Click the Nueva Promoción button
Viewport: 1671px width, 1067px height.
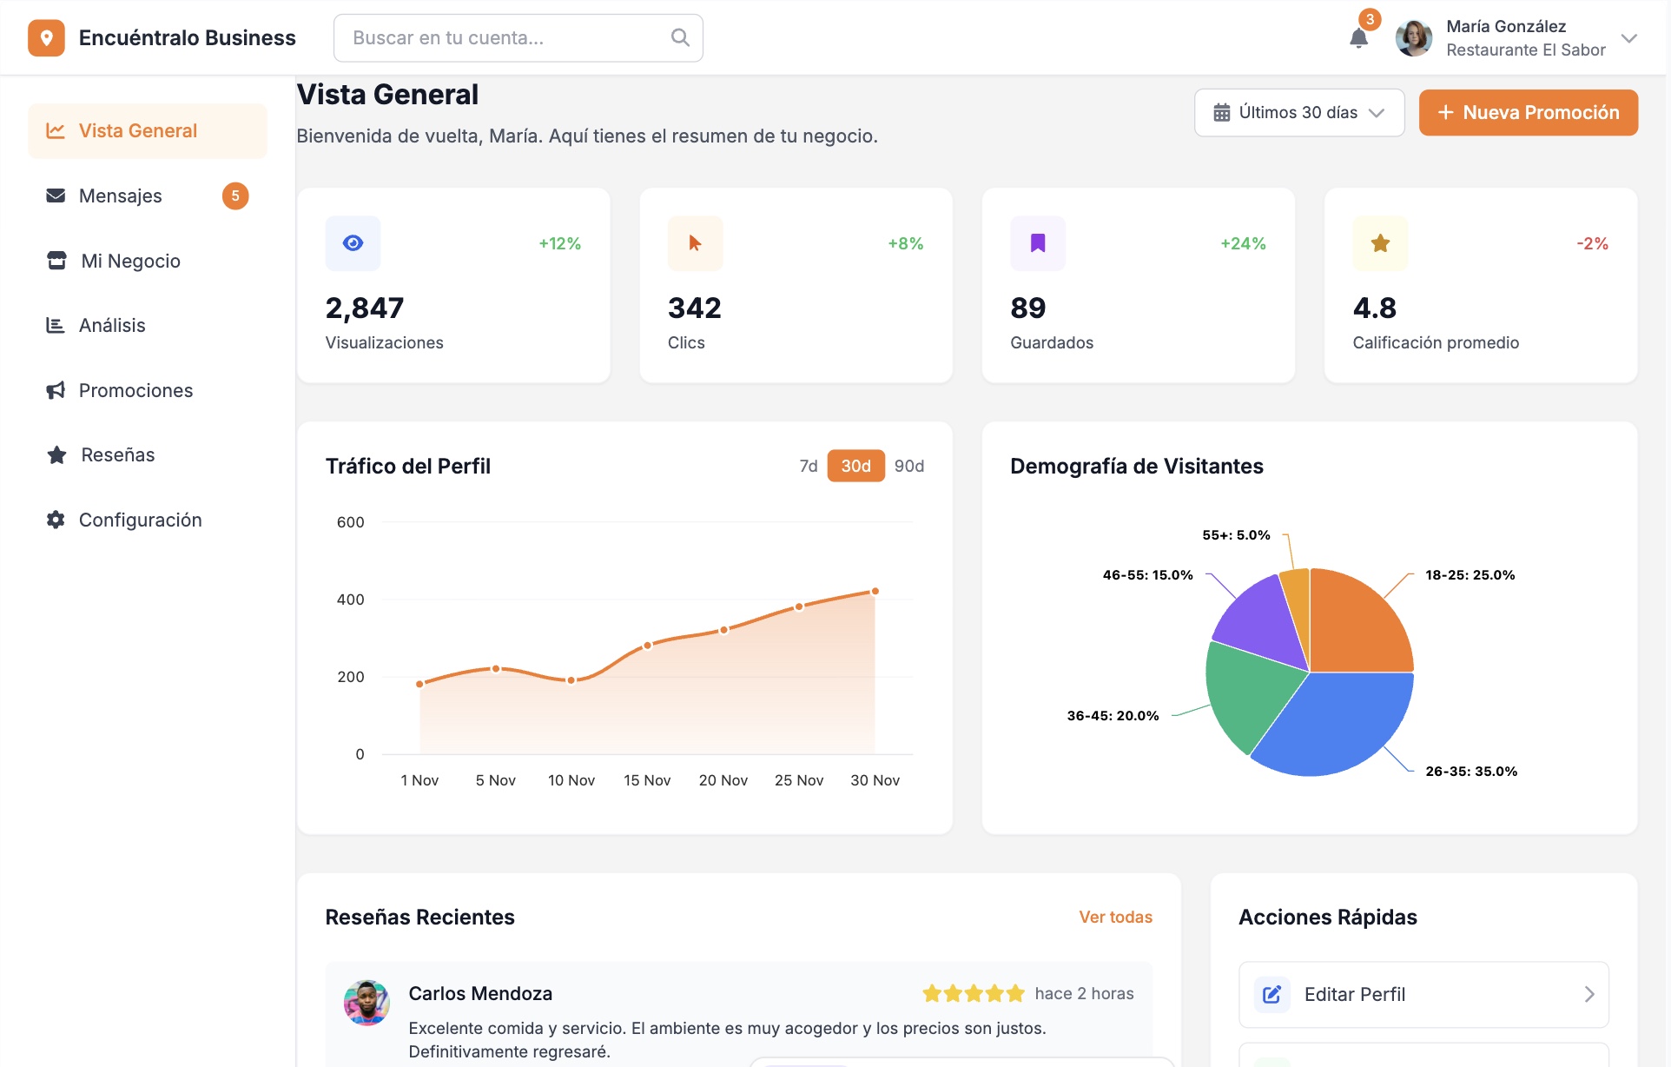pyautogui.click(x=1528, y=112)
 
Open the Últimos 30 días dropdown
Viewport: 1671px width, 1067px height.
pyautogui.click(x=1298, y=113)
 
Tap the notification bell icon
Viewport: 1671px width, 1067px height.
pyautogui.click(x=1358, y=38)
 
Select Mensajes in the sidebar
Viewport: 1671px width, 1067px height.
pyautogui.click(x=120, y=196)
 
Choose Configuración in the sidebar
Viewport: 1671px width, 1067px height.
pyautogui.click(x=140, y=520)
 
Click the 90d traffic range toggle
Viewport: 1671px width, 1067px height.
pyautogui.click(x=908, y=466)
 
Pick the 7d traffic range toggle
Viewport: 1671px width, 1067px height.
pyautogui.click(x=808, y=466)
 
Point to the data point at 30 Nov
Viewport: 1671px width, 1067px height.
pyautogui.click(x=875, y=591)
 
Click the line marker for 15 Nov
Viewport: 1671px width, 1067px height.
pyautogui.click(x=647, y=646)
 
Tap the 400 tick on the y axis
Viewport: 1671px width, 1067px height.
pyautogui.click(x=350, y=600)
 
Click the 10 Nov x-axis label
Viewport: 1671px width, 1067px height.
pyautogui.click(x=571, y=780)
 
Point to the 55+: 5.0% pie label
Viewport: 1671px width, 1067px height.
pyautogui.click(x=1235, y=535)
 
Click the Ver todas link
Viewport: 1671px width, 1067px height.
pyautogui.click(x=1115, y=917)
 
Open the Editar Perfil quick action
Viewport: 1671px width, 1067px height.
pyautogui.click(x=1423, y=994)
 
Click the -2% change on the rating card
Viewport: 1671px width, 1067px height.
pyautogui.click(x=1592, y=243)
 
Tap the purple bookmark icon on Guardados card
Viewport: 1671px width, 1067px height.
pyautogui.click(x=1037, y=243)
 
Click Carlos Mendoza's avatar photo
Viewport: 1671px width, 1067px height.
pyautogui.click(x=367, y=1003)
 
